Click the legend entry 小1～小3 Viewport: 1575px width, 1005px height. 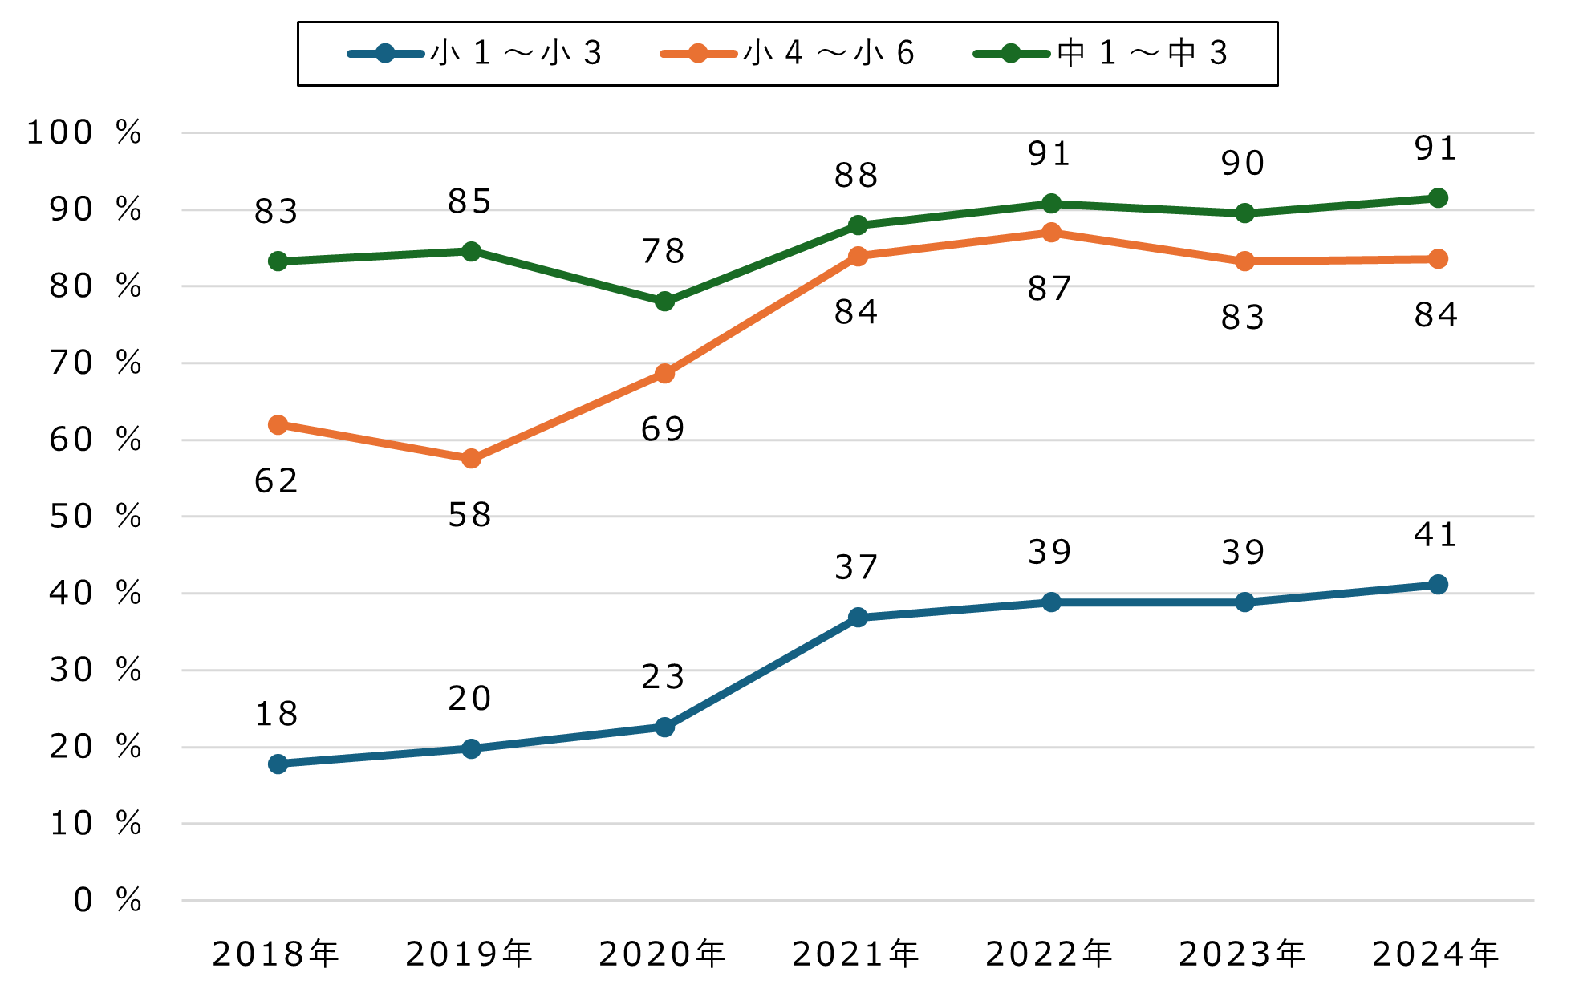(x=475, y=54)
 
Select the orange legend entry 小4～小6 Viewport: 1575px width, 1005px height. (x=788, y=54)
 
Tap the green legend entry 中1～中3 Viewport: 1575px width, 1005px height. (x=1101, y=54)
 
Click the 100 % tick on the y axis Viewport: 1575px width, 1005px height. (x=83, y=132)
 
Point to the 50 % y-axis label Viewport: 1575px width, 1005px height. (x=95, y=517)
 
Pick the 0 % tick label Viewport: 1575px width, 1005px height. (x=107, y=900)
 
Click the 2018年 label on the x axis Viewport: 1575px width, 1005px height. (x=277, y=954)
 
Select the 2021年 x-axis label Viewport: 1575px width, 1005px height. (x=856, y=954)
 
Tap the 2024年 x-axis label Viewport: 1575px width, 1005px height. (x=1436, y=954)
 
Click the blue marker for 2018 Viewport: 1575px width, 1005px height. (x=278, y=764)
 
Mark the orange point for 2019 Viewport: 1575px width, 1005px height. (x=471, y=459)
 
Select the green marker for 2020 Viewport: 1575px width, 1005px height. (x=664, y=302)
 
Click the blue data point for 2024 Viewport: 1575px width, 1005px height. (x=1438, y=584)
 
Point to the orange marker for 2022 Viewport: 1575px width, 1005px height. (x=1051, y=233)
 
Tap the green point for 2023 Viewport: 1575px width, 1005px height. (x=1244, y=213)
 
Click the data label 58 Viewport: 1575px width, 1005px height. (x=470, y=515)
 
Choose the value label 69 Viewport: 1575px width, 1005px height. (x=663, y=429)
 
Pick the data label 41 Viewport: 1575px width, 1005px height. (x=1435, y=535)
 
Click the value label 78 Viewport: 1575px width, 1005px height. (x=663, y=251)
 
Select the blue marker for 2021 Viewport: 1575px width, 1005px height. (x=858, y=617)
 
